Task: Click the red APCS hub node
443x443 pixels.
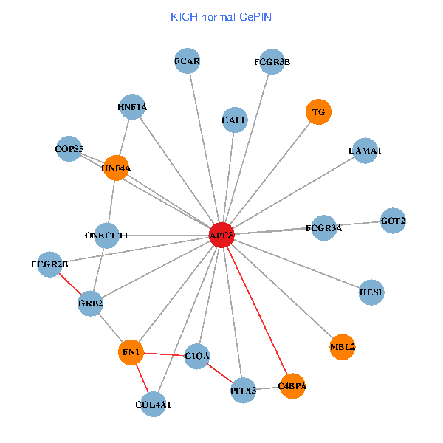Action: [221, 236]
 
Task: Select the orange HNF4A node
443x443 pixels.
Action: [117, 168]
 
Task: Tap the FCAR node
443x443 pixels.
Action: [188, 61]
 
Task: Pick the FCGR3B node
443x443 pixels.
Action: [272, 62]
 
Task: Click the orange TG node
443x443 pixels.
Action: [318, 112]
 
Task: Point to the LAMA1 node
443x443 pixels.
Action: [365, 151]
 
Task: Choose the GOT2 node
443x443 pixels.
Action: [393, 220]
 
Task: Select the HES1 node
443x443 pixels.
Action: [371, 292]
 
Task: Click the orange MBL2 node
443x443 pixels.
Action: [343, 346]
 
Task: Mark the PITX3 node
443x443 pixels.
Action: [243, 390]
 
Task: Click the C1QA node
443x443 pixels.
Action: [197, 356]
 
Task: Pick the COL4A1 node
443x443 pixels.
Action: [153, 404]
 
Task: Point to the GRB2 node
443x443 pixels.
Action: [90, 303]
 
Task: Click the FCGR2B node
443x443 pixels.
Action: [50, 264]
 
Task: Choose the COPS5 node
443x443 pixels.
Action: [69, 149]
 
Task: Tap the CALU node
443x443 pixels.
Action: [235, 120]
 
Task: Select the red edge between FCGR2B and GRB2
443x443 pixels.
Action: [70, 284]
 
